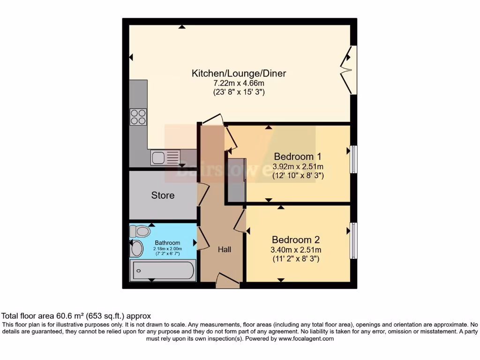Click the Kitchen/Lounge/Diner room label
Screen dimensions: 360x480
click(x=239, y=73)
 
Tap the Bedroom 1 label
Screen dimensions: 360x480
click(x=298, y=156)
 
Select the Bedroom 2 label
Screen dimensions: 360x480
click(x=296, y=240)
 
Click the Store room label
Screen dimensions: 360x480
click(x=163, y=195)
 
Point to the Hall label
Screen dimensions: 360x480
click(x=224, y=249)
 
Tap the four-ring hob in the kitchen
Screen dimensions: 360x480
click(x=138, y=117)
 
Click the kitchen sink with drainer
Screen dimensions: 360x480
click(x=165, y=157)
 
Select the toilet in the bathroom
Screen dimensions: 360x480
click(x=140, y=231)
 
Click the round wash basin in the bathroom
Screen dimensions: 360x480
click(x=136, y=249)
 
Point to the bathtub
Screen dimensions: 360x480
click(x=163, y=270)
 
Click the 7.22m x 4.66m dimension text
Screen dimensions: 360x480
click(x=239, y=83)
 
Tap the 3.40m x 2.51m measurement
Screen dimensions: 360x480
click(x=296, y=249)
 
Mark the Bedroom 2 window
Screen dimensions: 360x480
click(x=354, y=240)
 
